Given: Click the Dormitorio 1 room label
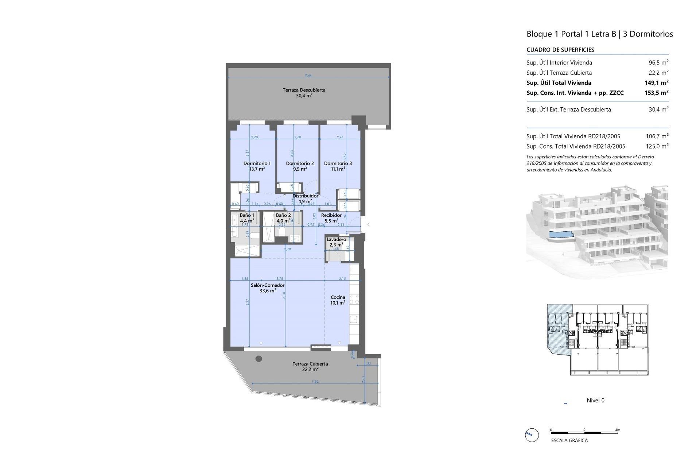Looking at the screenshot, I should tap(257, 163).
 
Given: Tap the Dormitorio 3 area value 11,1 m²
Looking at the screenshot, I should tap(338, 169).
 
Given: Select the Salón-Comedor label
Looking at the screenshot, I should tap(268, 285).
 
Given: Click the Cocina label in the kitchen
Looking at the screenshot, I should tap(338, 297).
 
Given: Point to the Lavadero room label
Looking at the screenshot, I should tap(336, 240).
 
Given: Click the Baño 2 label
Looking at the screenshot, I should tap(283, 215).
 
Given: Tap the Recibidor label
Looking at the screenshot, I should tap(331, 215).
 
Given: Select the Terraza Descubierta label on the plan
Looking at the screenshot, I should tap(304, 90).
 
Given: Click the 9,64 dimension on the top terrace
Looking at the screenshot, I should tap(308, 76).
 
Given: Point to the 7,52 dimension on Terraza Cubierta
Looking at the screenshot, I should tap(315, 382).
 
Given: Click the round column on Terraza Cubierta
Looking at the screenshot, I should tap(259, 359).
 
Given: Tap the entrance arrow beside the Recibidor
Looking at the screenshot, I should tap(368, 224).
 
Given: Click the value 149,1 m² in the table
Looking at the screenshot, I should tap(656, 83).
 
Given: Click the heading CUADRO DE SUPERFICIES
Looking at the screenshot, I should tap(560, 50).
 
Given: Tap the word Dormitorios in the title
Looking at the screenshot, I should tap(651, 34).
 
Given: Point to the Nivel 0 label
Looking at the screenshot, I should tap(595, 400).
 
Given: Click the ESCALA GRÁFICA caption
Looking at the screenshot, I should tap(569, 440).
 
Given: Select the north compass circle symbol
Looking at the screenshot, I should tap(532, 435).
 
